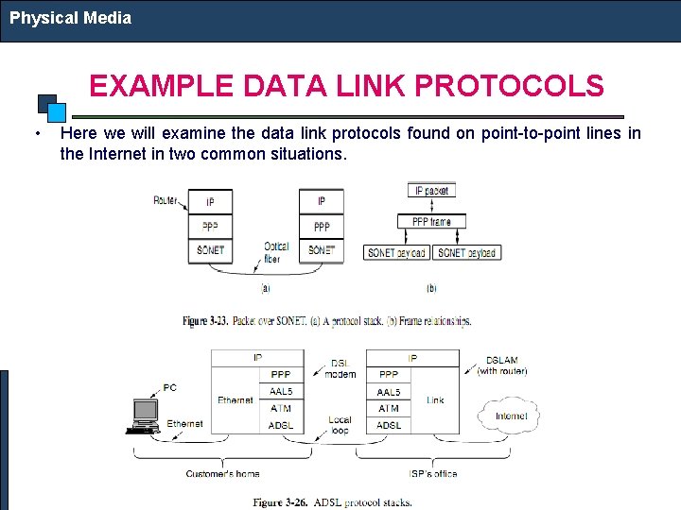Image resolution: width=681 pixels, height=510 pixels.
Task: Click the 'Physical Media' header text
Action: pos(70,17)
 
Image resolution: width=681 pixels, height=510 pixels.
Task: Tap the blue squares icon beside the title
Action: pos(51,106)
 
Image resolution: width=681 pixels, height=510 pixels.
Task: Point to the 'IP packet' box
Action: pos(431,191)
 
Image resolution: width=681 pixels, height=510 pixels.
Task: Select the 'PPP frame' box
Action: pos(431,222)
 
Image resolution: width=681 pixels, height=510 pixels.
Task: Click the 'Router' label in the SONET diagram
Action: pos(166,200)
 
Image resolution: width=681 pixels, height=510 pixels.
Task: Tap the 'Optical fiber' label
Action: pos(276,252)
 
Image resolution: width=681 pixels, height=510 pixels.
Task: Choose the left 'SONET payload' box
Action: pos(396,252)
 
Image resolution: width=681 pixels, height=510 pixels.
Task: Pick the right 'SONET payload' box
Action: pos(466,252)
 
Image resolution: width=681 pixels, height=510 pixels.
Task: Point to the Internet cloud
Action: pos(511,416)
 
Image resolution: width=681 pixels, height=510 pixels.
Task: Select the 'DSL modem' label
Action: pos(340,368)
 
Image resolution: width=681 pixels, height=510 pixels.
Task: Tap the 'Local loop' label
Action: pos(339,425)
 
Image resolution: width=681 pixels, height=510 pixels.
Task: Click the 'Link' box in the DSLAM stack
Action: pos(435,400)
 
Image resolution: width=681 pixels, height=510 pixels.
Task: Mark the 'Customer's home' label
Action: pos(223,474)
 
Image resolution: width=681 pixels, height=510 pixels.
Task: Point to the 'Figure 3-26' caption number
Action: pos(280,502)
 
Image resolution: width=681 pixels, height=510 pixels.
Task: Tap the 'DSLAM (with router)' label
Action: pos(501,365)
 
